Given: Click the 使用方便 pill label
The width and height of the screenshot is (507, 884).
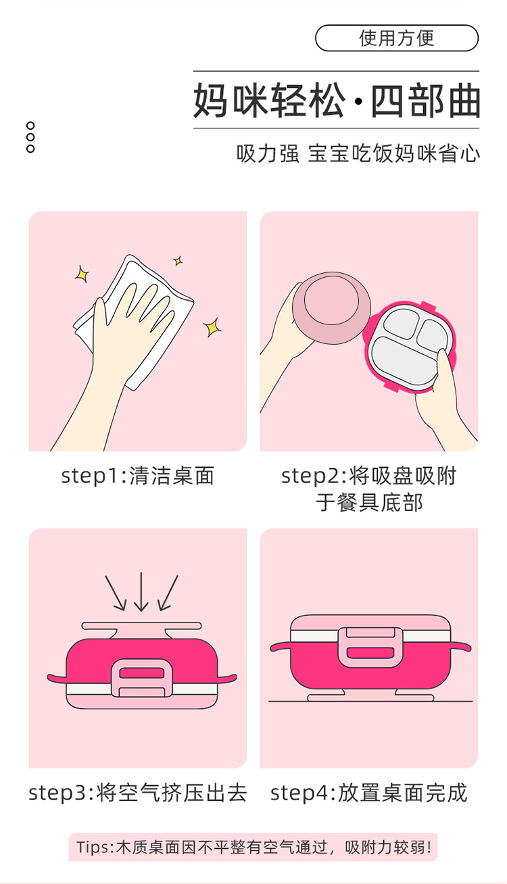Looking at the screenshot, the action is pyautogui.click(x=396, y=38).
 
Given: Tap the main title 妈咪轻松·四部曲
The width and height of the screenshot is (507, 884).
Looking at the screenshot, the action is pyautogui.click(x=337, y=101).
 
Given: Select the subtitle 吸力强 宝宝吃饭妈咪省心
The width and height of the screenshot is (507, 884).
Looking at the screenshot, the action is pyautogui.click(x=358, y=153).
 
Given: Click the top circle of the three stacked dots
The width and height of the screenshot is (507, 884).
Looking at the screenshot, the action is pyautogui.click(x=30, y=126).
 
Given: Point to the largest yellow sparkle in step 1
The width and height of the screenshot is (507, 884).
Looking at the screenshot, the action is pyautogui.click(x=212, y=327).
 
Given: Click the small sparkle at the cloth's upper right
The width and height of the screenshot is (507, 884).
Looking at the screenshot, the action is pyautogui.click(x=178, y=260).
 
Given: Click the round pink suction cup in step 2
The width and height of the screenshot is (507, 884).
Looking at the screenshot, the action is pyautogui.click(x=332, y=308).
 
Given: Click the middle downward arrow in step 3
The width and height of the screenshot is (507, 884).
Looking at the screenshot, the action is pyautogui.click(x=141, y=591).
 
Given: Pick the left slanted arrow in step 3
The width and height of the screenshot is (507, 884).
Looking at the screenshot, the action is pyautogui.click(x=116, y=593).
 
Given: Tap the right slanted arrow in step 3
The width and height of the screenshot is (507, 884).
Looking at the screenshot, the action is pyautogui.click(x=168, y=593).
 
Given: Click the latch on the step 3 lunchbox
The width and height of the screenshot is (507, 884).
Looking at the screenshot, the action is pyautogui.click(x=142, y=678).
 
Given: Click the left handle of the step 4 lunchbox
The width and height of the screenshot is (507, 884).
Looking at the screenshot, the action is pyautogui.click(x=281, y=647).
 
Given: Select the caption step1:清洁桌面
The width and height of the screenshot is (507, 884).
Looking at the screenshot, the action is pyautogui.click(x=138, y=476).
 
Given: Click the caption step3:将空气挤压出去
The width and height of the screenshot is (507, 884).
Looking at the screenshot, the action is pyautogui.click(x=138, y=793).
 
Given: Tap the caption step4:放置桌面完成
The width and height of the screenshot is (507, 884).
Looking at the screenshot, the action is pyautogui.click(x=369, y=793).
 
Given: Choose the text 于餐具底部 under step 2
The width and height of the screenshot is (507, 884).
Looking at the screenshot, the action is pyautogui.click(x=369, y=503).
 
